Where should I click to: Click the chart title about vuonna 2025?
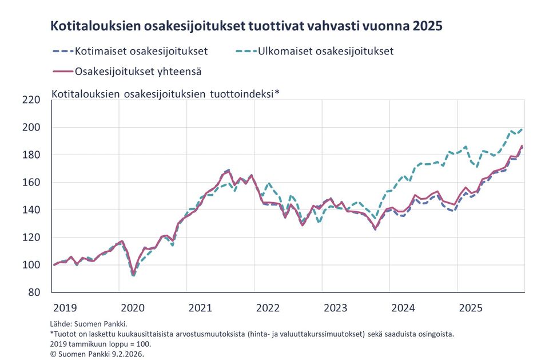click(x=246, y=26)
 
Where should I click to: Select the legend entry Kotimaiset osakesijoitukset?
click(x=141, y=51)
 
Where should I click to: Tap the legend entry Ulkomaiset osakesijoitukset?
click(x=325, y=51)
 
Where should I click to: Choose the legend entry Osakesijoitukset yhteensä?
click(x=137, y=72)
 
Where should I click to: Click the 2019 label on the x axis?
click(x=65, y=308)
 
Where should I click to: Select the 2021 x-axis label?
click(x=200, y=308)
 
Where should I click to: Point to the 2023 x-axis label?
click(x=336, y=308)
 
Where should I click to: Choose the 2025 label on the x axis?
click(x=471, y=308)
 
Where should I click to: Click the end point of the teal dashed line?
click(x=523, y=129)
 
